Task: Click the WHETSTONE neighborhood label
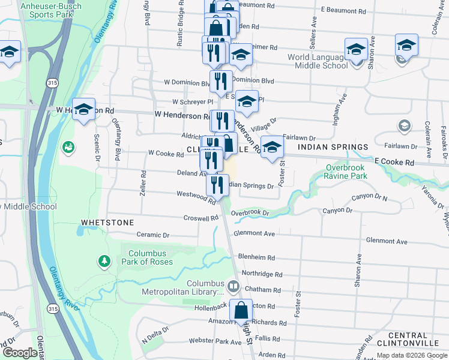(x=107, y=223)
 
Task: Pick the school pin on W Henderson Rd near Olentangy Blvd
(x=83, y=110)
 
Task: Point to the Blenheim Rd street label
(x=256, y=257)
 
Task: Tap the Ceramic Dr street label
(x=153, y=235)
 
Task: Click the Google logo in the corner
(x=20, y=353)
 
